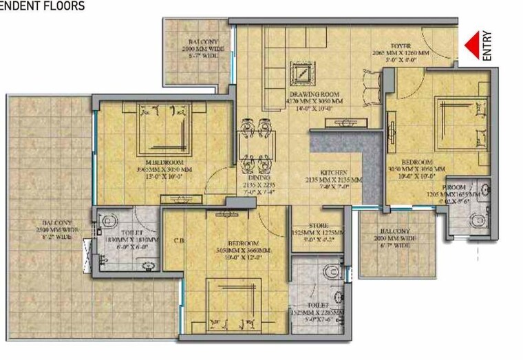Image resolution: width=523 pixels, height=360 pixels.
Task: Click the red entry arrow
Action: [472, 45]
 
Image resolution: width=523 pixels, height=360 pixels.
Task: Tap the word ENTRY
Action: [487, 46]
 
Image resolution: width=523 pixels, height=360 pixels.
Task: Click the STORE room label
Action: [317, 226]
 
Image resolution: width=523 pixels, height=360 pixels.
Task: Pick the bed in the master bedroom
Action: [164, 128]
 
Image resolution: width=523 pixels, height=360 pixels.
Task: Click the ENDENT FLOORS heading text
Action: [43, 6]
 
